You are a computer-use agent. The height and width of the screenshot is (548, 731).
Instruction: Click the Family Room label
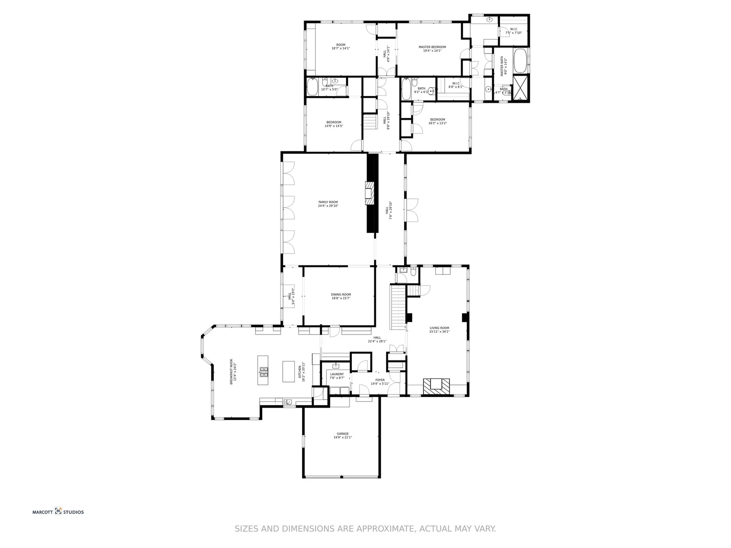pos(328,204)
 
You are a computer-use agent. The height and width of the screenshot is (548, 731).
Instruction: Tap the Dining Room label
pos(341,296)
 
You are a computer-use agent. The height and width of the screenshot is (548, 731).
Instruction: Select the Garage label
pos(343,435)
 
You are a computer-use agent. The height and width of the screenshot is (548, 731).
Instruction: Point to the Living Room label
pos(439,330)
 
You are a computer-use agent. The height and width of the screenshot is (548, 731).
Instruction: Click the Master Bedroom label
pos(432,49)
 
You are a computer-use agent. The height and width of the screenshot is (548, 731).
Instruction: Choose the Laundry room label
pos(337,376)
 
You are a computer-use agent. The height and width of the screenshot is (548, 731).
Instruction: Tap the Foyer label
pos(380,381)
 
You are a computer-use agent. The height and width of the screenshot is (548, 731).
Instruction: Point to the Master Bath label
pos(503,66)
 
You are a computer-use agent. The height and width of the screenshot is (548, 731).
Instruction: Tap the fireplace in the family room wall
pos(370,192)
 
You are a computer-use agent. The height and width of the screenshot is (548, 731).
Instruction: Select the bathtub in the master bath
pos(520,60)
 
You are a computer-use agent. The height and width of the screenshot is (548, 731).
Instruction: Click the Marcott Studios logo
pos(58,511)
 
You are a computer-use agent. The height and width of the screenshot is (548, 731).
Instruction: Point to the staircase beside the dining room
pos(398,307)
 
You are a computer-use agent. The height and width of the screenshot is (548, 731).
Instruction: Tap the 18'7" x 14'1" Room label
pos(341,47)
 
